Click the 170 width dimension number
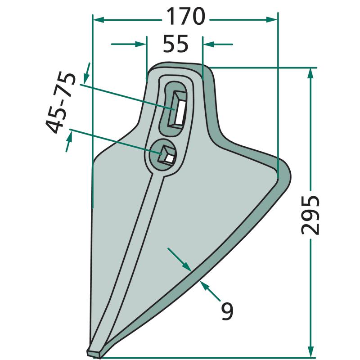(x=185, y=17)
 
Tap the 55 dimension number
(x=175, y=44)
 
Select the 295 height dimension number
(x=310, y=215)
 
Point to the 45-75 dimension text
(x=61, y=103)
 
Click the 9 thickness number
(x=227, y=311)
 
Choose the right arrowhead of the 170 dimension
(x=272, y=20)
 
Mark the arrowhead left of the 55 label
(x=140, y=44)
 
